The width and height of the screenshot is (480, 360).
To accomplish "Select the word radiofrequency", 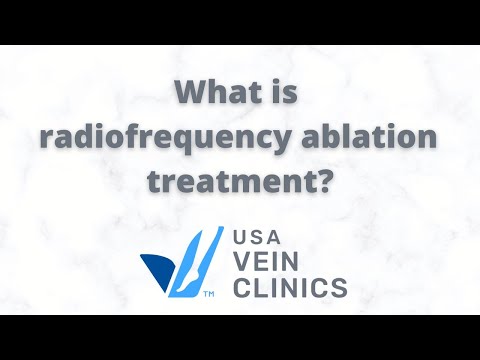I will point(147,139).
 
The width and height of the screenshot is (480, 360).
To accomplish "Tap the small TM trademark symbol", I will point(208,296).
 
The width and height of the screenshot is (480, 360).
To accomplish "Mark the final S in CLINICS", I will point(340,289).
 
